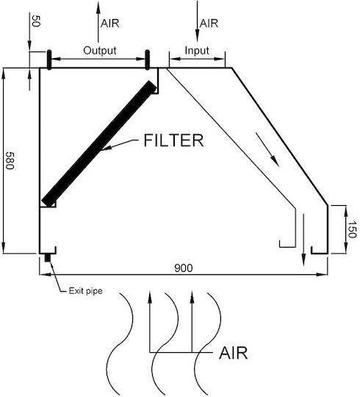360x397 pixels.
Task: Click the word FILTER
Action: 173,140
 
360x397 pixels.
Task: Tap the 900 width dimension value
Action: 184,268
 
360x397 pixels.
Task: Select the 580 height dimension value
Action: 10,160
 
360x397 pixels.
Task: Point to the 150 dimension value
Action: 352,229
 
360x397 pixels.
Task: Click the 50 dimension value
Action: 36,21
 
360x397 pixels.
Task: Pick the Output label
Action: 100,51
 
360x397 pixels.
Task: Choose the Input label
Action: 197,51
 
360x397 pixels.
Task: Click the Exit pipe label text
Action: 85,291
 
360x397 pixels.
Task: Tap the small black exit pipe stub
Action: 48,258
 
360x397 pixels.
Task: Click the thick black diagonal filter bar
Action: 99,143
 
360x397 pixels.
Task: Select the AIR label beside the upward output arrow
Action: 109,24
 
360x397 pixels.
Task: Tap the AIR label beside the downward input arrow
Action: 209,24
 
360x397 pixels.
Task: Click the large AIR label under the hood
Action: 233,353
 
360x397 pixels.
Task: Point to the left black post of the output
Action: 49,60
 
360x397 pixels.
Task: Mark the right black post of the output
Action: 147,60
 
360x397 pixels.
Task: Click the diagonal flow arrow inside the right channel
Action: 267,150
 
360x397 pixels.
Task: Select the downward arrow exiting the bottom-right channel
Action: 303,240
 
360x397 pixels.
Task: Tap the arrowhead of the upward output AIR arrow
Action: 98,7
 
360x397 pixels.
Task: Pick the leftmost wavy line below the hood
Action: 120,344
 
